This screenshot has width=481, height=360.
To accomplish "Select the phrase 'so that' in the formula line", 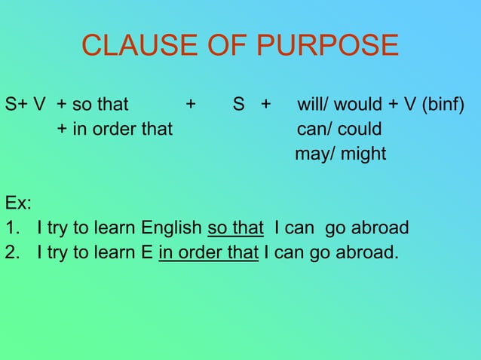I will [x=103, y=104].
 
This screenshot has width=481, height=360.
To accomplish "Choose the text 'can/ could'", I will [x=339, y=129].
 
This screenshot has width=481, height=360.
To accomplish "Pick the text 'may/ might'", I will [x=340, y=154].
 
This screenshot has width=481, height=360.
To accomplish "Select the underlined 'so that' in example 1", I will [x=235, y=227].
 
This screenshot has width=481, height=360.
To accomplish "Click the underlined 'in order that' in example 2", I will [x=209, y=252].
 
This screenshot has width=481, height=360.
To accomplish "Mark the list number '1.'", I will [x=11, y=227].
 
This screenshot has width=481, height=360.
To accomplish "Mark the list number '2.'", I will [x=11, y=252].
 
